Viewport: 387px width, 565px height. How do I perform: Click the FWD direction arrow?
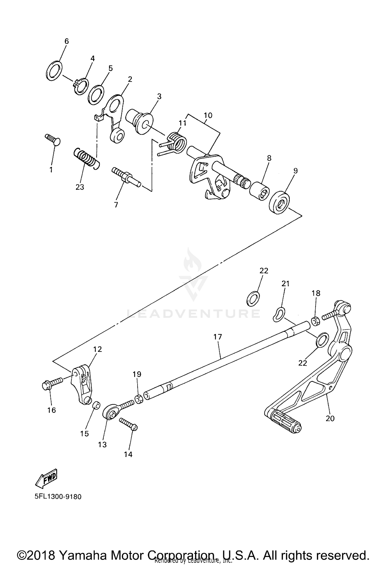click(46, 478)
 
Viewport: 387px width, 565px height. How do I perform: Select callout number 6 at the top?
click(67, 41)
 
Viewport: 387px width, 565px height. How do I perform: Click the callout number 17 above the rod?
click(217, 337)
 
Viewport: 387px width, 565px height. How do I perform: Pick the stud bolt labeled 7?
click(126, 177)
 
